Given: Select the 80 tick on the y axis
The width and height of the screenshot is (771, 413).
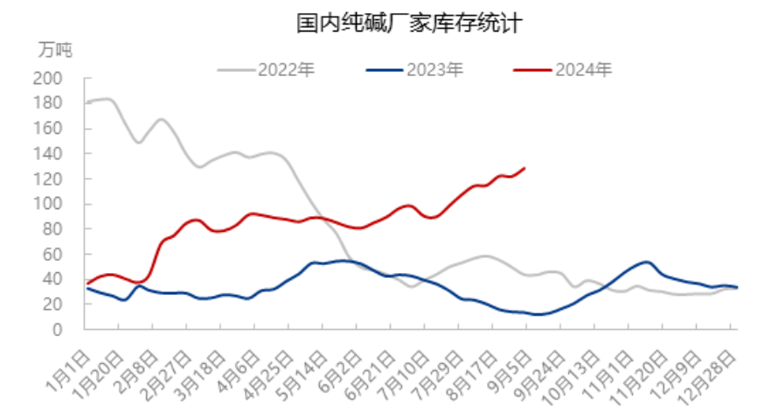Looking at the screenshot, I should pos(52,229).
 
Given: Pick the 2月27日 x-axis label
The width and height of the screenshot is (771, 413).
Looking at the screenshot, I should pos(170,367).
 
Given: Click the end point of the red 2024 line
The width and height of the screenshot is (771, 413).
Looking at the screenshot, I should pos(524,168).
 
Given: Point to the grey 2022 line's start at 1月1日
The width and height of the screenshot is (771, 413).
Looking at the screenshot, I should pos(88,102).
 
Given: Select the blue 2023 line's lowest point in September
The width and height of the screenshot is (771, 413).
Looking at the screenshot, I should pos(537,314).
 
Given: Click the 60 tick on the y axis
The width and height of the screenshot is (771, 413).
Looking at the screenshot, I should pos(52,255).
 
